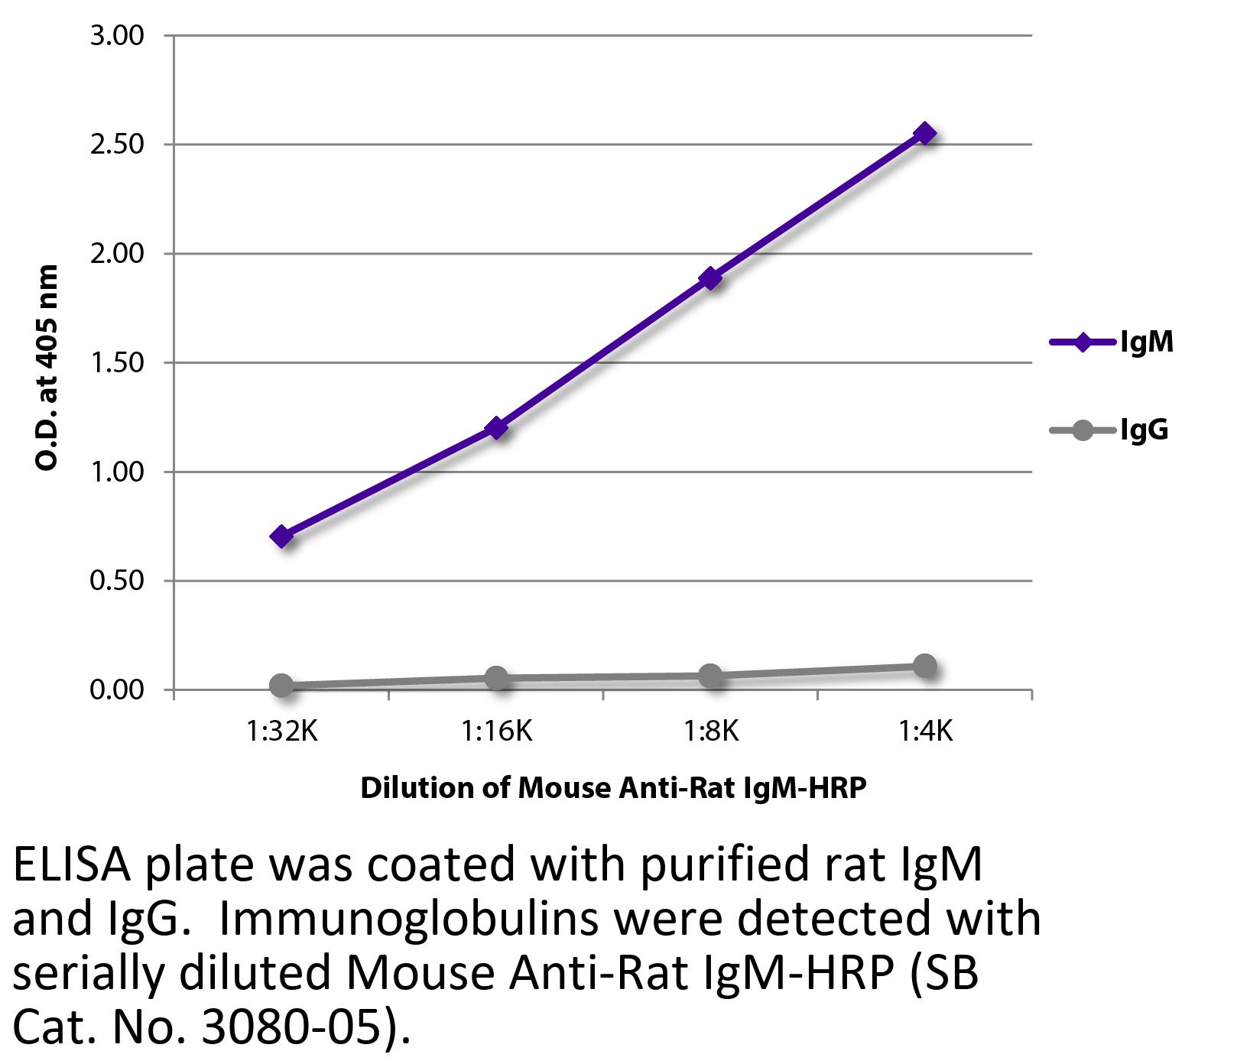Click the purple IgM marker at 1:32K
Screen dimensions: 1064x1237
[281, 537]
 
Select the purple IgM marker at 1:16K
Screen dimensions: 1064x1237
[496, 427]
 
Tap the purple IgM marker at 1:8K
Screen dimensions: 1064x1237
[711, 278]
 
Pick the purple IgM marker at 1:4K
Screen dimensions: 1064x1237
[925, 134]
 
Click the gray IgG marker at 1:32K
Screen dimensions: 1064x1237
[281, 686]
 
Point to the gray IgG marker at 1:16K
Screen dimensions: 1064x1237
[496, 678]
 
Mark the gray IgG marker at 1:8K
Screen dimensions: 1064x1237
[711, 675]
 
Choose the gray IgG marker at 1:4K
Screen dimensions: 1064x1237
[925, 666]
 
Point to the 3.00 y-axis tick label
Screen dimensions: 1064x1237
[117, 36]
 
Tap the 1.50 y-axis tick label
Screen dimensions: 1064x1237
[117, 363]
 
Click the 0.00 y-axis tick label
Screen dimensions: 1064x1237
[117, 690]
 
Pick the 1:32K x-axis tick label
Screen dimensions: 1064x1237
[281, 732]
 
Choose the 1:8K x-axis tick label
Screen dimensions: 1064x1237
[711, 732]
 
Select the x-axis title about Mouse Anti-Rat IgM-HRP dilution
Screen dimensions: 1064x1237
[613, 788]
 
